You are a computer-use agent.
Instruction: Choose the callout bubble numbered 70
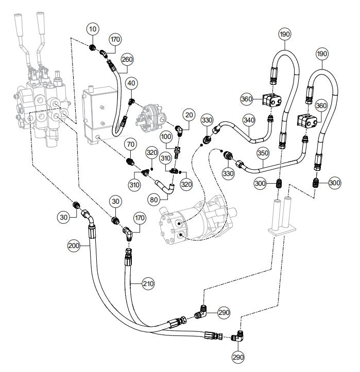pyautogui.click(x=130, y=145)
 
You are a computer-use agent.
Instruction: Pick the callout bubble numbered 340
pyautogui.click(x=249, y=120)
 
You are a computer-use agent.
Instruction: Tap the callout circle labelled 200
pyautogui.click(x=74, y=246)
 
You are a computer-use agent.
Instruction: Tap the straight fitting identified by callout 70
pyautogui.click(x=130, y=162)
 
